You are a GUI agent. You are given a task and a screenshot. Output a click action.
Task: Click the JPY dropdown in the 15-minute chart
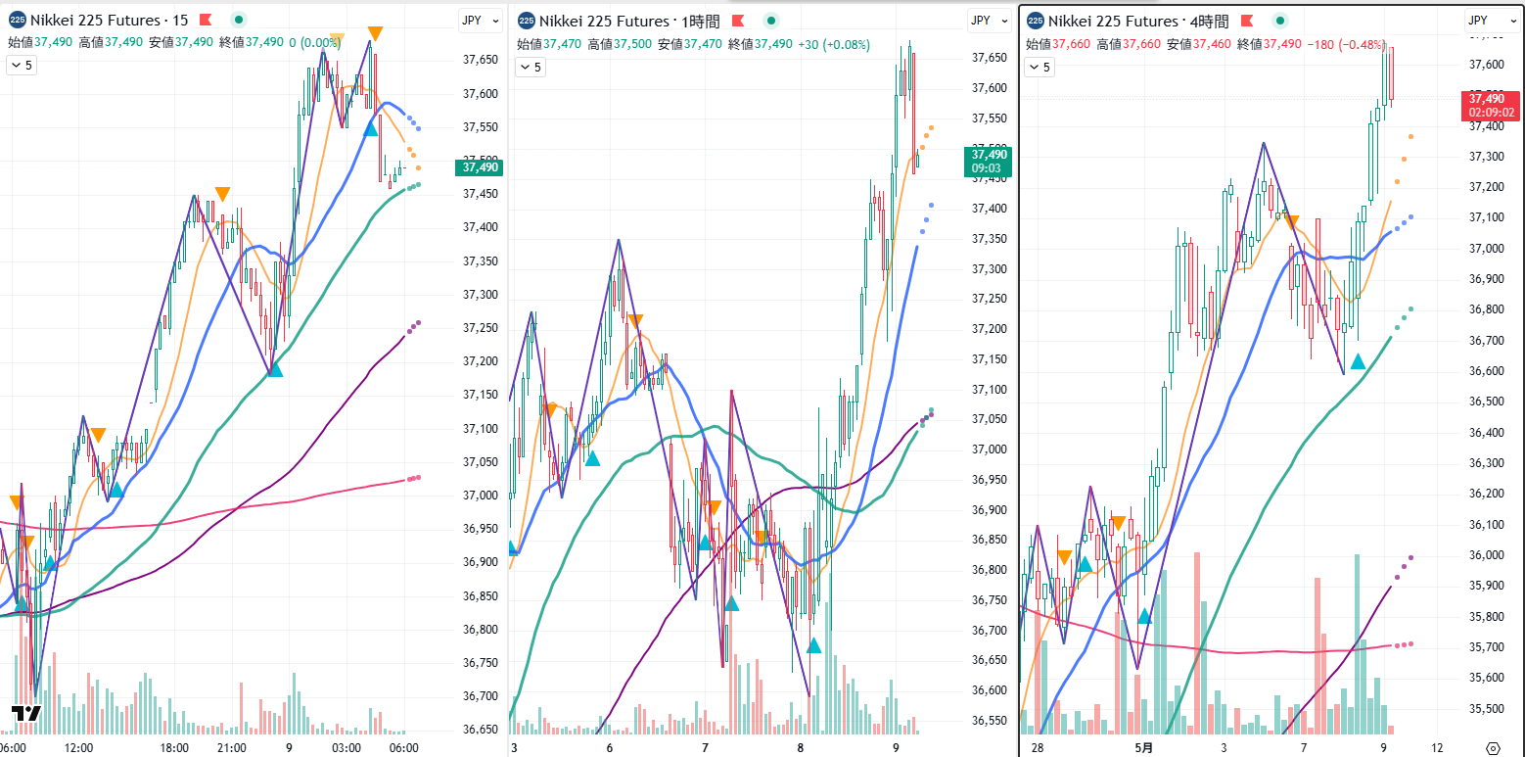point(479,20)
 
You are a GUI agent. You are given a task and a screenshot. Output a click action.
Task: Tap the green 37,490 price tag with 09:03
point(989,162)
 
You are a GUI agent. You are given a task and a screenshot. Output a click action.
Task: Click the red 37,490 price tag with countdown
point(1492,105)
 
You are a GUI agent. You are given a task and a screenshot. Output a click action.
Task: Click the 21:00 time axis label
point(231,748)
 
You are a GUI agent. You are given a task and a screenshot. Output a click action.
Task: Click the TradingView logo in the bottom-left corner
point(26,713)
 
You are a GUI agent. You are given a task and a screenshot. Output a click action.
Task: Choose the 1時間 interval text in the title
point(698,21)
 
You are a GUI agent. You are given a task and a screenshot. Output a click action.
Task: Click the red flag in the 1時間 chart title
point(737,21)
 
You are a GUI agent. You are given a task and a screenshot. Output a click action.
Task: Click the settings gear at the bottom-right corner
point(1493,748)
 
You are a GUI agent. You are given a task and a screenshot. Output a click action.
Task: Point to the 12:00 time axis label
point(78,748)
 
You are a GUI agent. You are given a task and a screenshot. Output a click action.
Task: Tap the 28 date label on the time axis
point(1038,748)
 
